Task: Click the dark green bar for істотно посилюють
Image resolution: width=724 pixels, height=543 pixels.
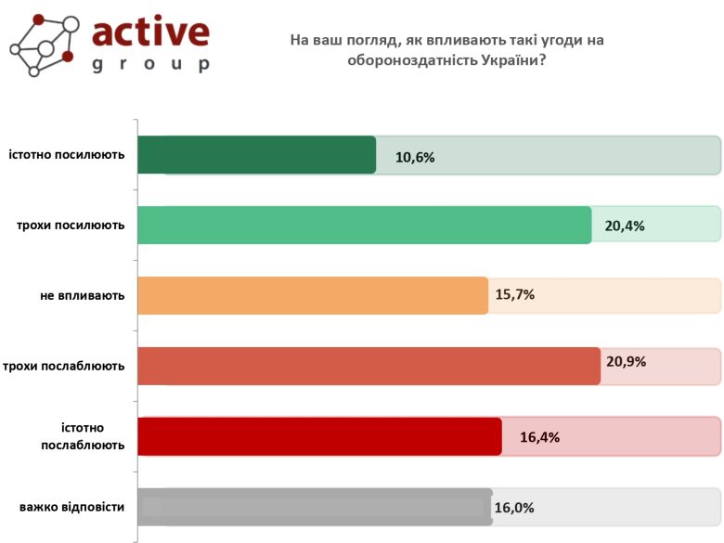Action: (x=256, y=155)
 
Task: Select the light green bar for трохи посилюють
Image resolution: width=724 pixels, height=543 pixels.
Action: (x=364, y=226)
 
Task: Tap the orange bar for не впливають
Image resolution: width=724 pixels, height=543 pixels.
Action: (x=313, y=296)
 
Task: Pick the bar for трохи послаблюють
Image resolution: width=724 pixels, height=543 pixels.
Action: (x=368, y=366)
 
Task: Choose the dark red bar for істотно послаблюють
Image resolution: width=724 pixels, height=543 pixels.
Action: (x=319, y=436)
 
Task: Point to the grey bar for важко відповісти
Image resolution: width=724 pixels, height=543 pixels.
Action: (x=315, y=507)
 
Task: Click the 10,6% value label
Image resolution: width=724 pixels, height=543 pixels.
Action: (x=415, y=157)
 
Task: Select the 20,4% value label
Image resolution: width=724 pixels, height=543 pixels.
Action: (x=625, y=226)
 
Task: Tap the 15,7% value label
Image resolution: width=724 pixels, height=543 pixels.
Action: (x=515, y=295)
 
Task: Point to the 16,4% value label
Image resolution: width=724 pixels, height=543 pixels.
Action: (x=539, y=437)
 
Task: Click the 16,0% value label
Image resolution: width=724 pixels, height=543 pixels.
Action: (x=514, y=508)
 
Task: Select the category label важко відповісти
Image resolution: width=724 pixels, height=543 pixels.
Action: (x=71, y=507)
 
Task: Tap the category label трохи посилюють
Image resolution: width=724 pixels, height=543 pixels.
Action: (x=71, y=226)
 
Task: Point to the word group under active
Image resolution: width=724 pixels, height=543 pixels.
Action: (x=150, y=65)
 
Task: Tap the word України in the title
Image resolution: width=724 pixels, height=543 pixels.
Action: (x=497, y=60)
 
